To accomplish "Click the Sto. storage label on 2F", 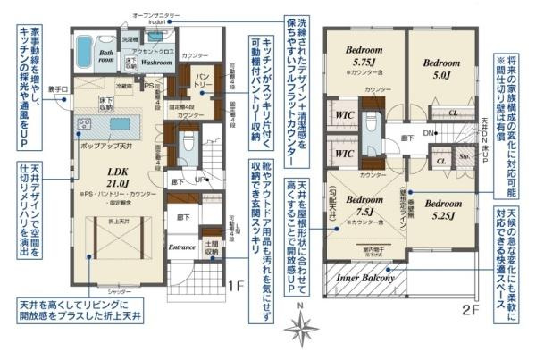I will tap(464, 162).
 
